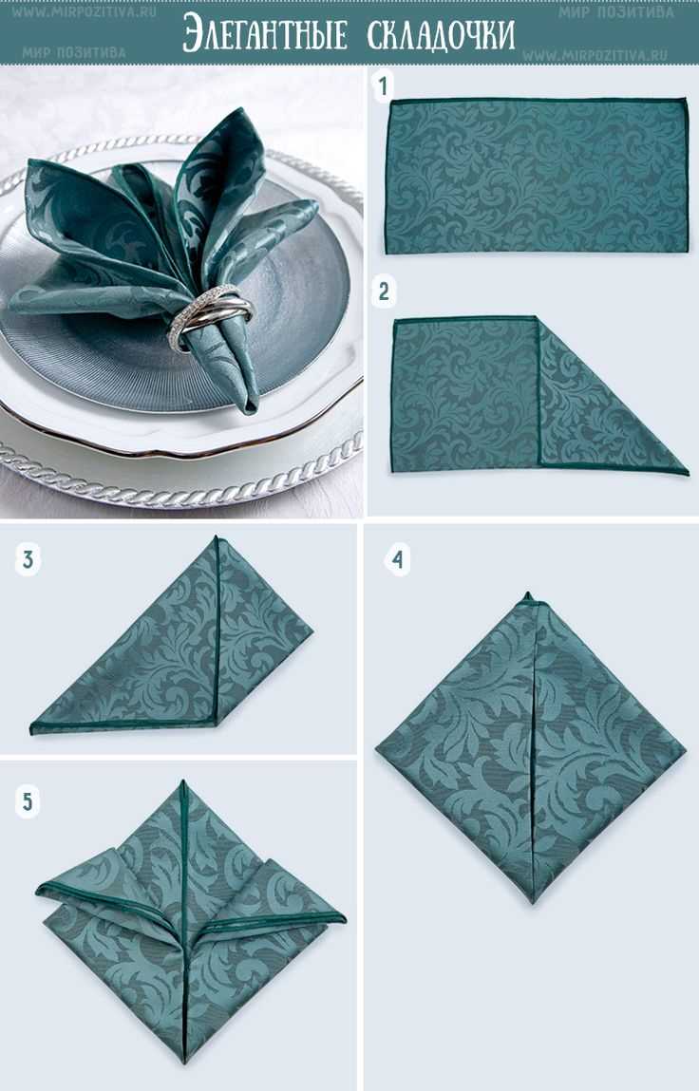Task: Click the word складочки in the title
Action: (x=442, y=34)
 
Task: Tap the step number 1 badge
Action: (x=382, y=86)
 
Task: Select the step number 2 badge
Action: (x=383, y=292)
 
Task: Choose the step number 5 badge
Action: (x=28, y=801)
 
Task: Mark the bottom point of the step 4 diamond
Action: (x=534, y=902)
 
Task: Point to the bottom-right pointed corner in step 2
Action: (x=688, y=474)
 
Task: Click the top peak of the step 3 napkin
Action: (x=217, y=537)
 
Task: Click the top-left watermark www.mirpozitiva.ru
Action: (x=83, y=11)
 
